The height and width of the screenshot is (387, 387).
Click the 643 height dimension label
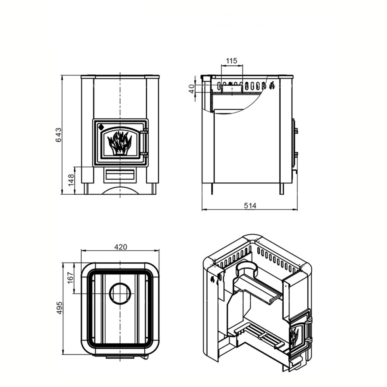coord(58,135)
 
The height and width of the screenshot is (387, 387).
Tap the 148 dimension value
coord(71,180)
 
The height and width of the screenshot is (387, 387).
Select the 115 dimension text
coord(231,61)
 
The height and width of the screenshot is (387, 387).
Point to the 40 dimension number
coord(192,89)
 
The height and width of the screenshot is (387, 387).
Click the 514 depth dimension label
coord(250,205)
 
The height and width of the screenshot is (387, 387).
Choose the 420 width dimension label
coord(121,247)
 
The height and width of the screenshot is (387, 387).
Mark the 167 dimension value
coord(70,277)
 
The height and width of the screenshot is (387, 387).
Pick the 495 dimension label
coord(60,308)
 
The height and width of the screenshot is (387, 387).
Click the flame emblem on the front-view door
coord(120,143)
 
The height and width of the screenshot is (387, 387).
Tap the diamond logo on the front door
coord(101,127)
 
